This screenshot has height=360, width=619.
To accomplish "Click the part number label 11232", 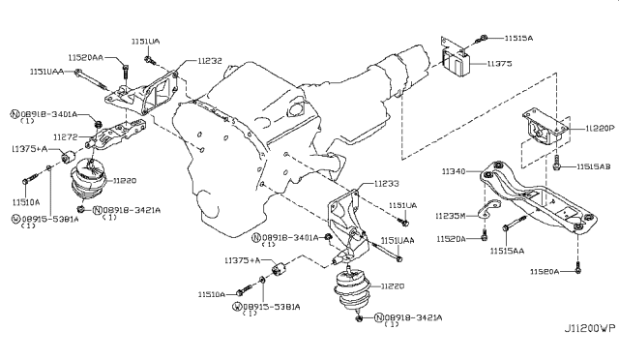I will click(210, 60).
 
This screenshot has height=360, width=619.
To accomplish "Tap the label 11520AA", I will click(88, 57).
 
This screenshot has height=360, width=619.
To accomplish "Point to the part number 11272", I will click(66, 137).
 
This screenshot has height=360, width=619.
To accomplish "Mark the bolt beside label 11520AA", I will click(127, 68).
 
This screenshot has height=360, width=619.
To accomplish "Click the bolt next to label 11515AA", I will click(505, 227).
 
